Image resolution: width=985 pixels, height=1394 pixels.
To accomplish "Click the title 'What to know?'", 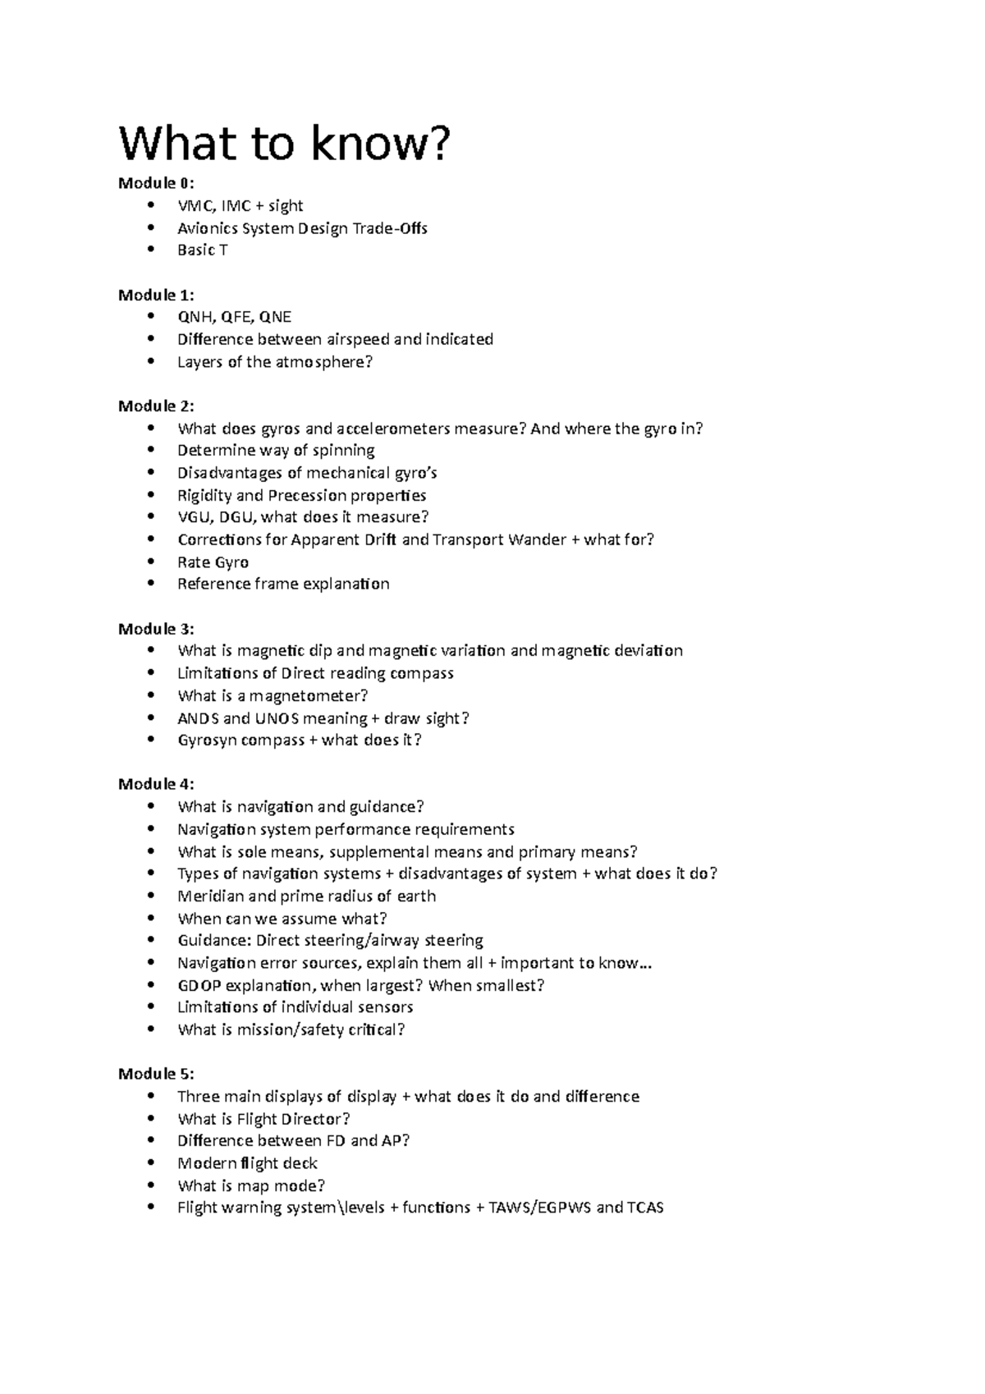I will pos(285,144).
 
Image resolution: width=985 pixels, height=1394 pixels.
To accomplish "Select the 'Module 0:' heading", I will pos(157,182).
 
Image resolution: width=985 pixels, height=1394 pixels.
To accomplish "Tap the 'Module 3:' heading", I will pos(157,629).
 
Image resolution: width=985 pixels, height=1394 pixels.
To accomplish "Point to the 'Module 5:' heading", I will pos(157,1074).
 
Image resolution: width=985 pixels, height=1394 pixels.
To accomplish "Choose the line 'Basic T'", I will pos(203,250).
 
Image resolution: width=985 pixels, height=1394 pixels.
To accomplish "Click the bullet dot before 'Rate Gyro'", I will pos(149,562).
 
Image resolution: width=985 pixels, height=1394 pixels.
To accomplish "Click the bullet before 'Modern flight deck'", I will pos(149,1163).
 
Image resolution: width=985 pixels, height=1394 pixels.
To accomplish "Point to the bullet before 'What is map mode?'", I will pos(149,1185).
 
